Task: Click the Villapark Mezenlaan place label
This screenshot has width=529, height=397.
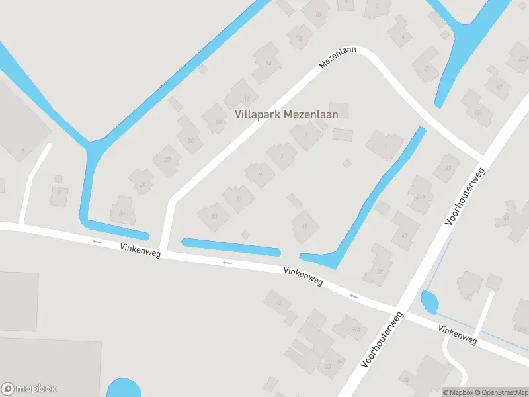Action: coord(286,114)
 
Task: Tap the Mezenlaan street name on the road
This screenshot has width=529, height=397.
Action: coord(337,58)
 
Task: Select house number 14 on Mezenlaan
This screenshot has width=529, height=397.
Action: coord(268,63)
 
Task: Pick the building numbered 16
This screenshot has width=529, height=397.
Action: coord(246,98)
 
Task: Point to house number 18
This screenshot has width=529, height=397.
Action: coord(217,122)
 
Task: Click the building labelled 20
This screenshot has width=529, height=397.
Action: coord(191,140)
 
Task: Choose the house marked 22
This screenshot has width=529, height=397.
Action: coord(167,159)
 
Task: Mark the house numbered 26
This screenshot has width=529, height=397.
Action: coord(122,212)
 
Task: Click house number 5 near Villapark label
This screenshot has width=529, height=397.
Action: coord(305,134)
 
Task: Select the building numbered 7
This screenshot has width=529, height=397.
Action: coord(282,156)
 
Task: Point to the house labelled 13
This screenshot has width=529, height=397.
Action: coord(214,216)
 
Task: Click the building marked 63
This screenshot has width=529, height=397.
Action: coord(448,168)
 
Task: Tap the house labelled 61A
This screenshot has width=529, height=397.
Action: coord(419,197)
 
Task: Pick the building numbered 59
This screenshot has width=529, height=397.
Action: coord(380,271)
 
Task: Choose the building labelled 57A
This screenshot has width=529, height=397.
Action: coord(355,329)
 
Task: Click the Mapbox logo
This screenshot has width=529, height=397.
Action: coord(29,389)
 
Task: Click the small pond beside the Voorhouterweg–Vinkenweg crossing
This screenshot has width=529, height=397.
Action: coord(429,302)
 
